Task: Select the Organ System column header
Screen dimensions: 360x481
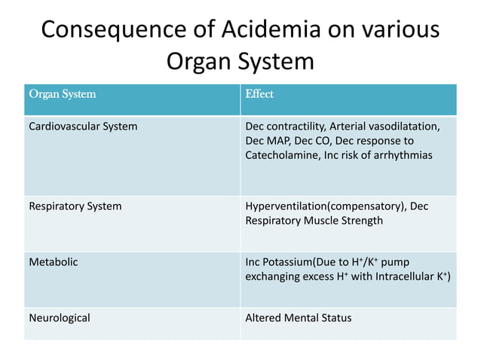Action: pos(62,95)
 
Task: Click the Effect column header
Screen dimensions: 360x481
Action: pos(259,95)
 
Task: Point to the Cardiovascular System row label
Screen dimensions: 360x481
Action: pos(83,127)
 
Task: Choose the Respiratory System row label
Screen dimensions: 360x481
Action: pos(75,206)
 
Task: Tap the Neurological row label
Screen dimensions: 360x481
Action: pos(59,318)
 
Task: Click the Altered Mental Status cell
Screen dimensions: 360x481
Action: pos(299,318)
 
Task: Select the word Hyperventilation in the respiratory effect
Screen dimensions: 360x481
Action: pos(286,206)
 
